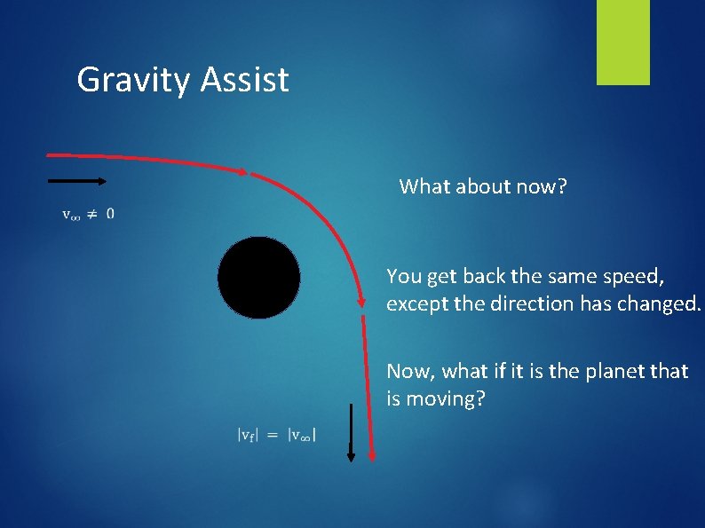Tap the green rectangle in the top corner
coord(622,43)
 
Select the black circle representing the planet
coord(258,278)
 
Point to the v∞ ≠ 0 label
coord(87,214)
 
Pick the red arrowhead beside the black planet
coord(362,302)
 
